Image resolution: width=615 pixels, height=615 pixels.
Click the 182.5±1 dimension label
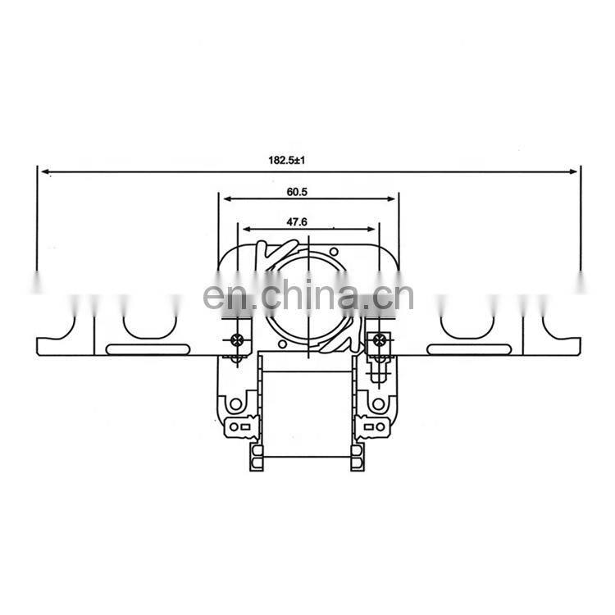(287, 160)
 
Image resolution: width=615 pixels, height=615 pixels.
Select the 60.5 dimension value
(297, 192)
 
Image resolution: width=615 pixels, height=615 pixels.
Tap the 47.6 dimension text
(297, 222)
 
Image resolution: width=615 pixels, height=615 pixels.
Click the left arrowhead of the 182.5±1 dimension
(45, 171)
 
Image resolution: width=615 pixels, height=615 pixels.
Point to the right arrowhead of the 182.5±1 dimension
(573, 171)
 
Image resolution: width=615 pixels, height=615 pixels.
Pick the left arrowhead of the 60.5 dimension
(227, 199)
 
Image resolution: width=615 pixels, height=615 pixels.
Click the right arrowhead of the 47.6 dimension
(371, 229)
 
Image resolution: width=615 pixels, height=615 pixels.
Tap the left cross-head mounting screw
(236, 339)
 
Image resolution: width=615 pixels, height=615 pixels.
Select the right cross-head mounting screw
(379, 339)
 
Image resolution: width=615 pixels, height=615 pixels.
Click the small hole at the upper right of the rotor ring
(334, 251)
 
